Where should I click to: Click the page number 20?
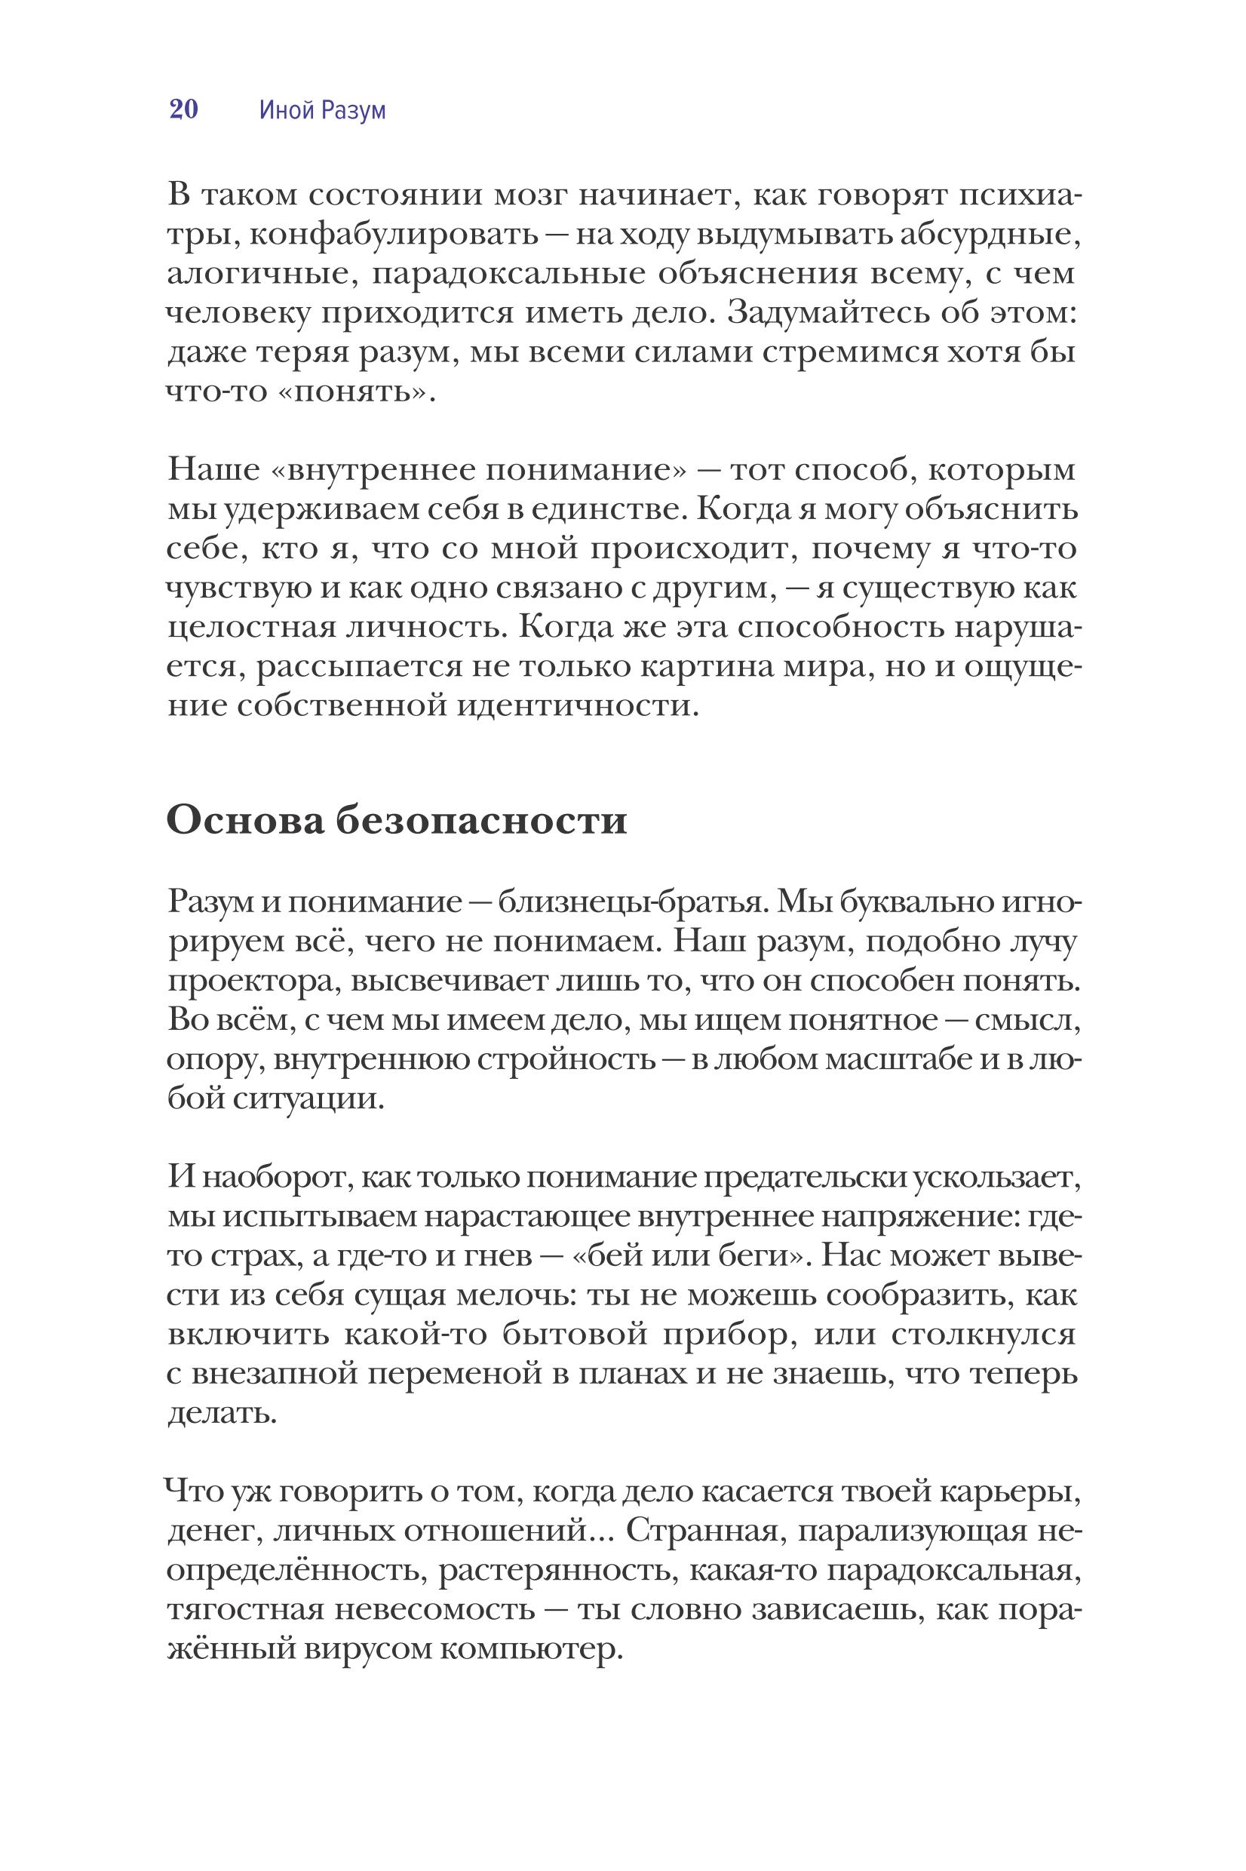tap(183, 109)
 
